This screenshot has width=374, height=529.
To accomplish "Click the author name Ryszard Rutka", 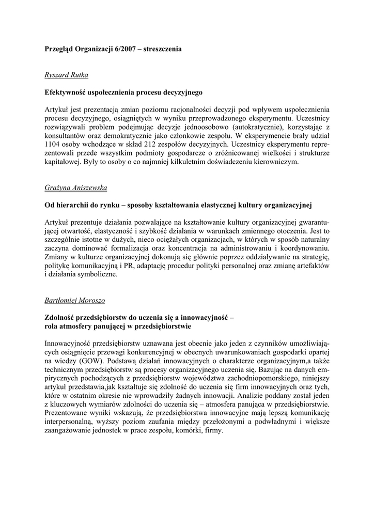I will [x=67, y=75].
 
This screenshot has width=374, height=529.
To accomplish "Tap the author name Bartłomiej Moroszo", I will [x=78, y=300].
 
